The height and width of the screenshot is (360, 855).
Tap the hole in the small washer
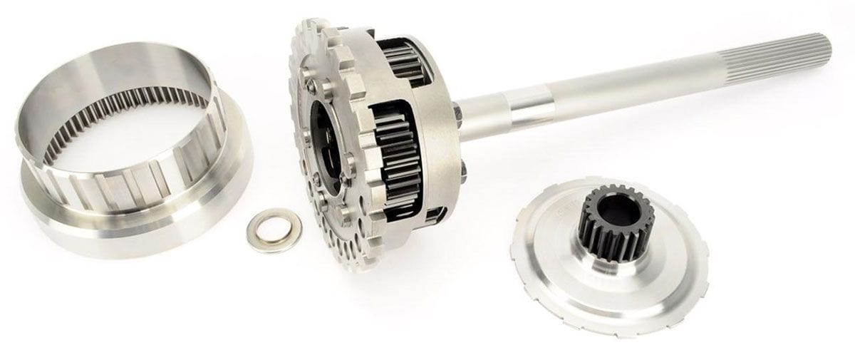click(273, 230)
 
